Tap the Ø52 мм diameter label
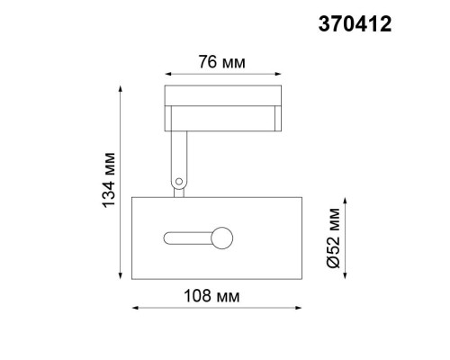pos(332,238)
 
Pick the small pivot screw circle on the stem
pos(179,182)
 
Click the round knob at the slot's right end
pos(221,238)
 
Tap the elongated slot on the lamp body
pos(187,238)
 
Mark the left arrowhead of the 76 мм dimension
pos(167,75)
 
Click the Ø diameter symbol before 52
pos(332,262)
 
